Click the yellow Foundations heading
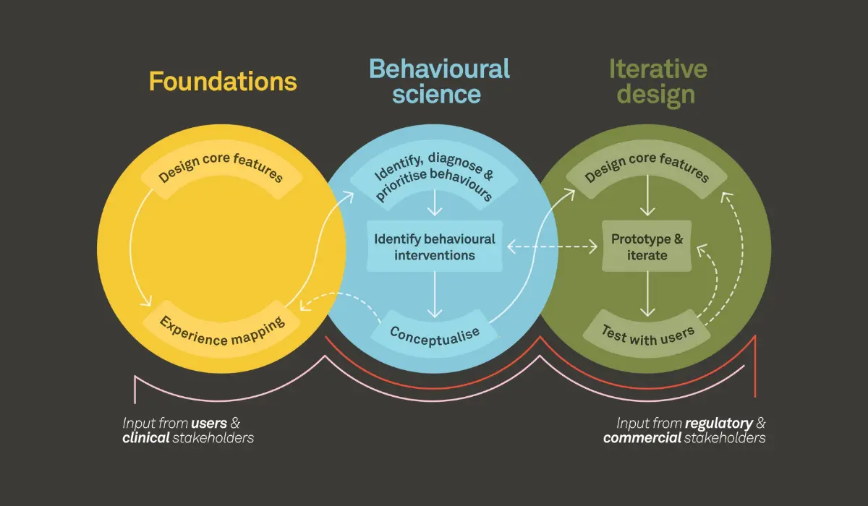click(223, 82)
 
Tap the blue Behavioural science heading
click(439, 81)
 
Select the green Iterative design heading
click(658, 81)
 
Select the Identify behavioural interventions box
click(434, 246)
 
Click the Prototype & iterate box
click(647, 246)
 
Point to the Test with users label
click(647, 333)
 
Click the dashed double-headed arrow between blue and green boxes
click(553, 247)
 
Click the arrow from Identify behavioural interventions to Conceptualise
click(435, 293)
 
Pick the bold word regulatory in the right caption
click(719, 423)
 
